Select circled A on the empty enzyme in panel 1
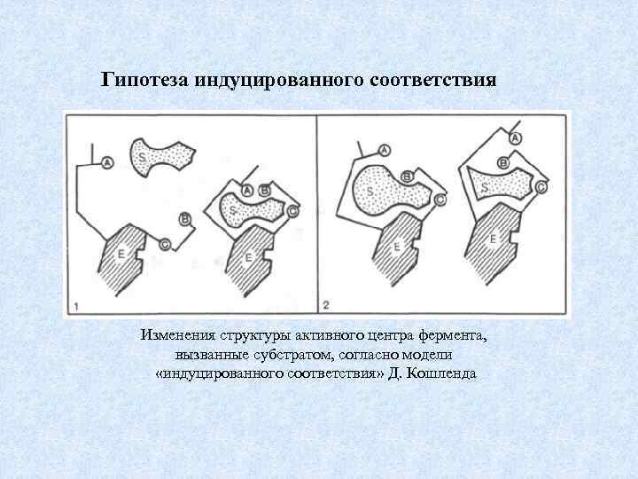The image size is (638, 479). point(107,162)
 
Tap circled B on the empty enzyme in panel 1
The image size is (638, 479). point(184,218)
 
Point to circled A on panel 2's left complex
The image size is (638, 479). point(384,150)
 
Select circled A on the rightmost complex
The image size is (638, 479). point(516,137)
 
